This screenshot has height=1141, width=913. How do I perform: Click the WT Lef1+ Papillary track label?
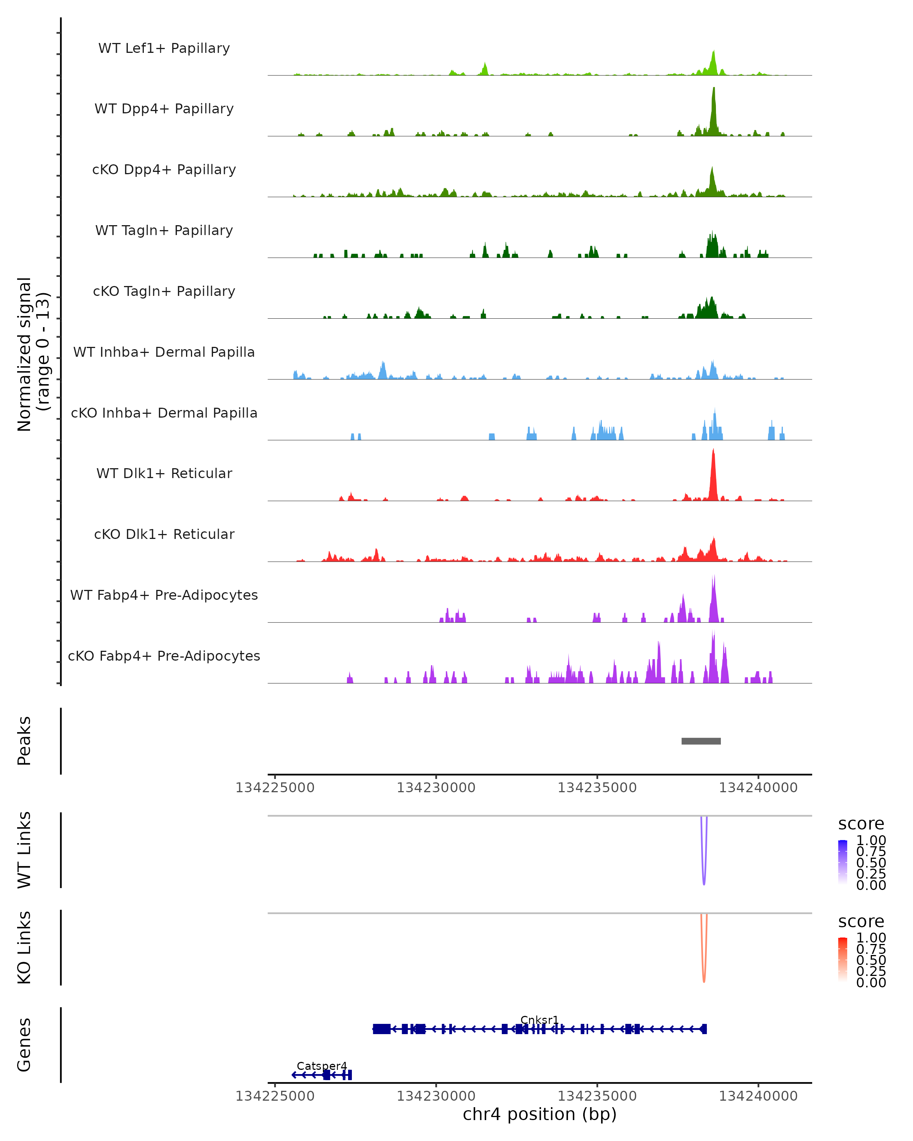click(x=164, y=48)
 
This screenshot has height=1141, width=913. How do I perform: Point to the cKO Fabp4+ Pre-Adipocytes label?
click(x=164, y=656)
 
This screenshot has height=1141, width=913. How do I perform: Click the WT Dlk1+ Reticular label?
click(x=164, y=473)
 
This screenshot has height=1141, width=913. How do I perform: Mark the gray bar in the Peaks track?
click(x=701, y=741)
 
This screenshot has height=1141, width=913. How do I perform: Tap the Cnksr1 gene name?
click(x=539, y=1020)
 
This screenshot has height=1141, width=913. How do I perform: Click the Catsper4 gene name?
click(x=321, y=1066)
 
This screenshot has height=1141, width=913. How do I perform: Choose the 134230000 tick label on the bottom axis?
click(x=436, y=1096)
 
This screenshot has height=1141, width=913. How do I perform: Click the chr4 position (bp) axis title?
click(x=539, y=1114)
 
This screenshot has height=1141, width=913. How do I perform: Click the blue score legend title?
click(x=861, y=824)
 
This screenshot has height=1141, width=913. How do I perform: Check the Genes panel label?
click(x=24, y=1045)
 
